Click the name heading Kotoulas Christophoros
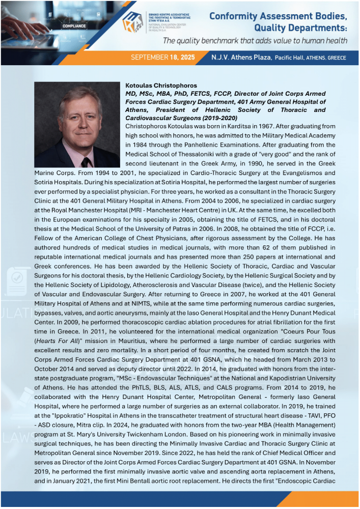click(x=161, y=85)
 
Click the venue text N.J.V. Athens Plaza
click(x=242, y=58)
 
